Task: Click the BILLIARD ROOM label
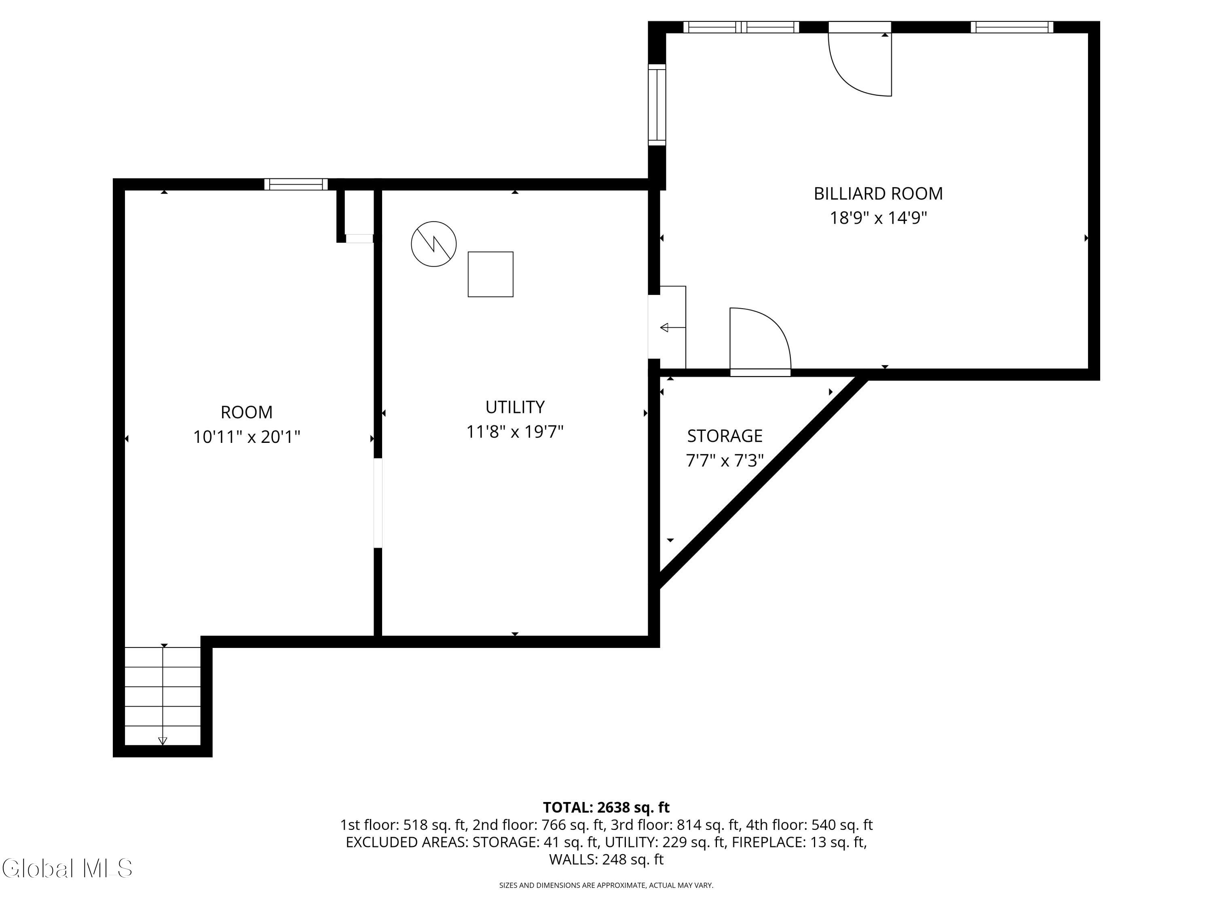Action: click(x=878, y=194)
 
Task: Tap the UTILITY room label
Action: click(x=515, y=407)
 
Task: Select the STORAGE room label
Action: click(x=725, y=436)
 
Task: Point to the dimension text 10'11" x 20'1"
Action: click(x=247, y=437)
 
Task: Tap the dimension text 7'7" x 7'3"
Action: click(x=725, y=461)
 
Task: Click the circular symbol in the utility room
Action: click(x=434, y=244)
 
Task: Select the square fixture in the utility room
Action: click(x=490, y=274)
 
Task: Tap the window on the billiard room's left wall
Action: click(x=657, y=105)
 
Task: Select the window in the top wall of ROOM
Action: click(x=296, y=184)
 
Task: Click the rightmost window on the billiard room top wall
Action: click(x=1012, y=27)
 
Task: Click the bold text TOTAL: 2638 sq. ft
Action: click(x=606, y=807)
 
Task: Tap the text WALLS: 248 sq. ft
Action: click(x=606, y=859)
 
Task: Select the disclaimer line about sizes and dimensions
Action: click(x=606, y=885)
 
